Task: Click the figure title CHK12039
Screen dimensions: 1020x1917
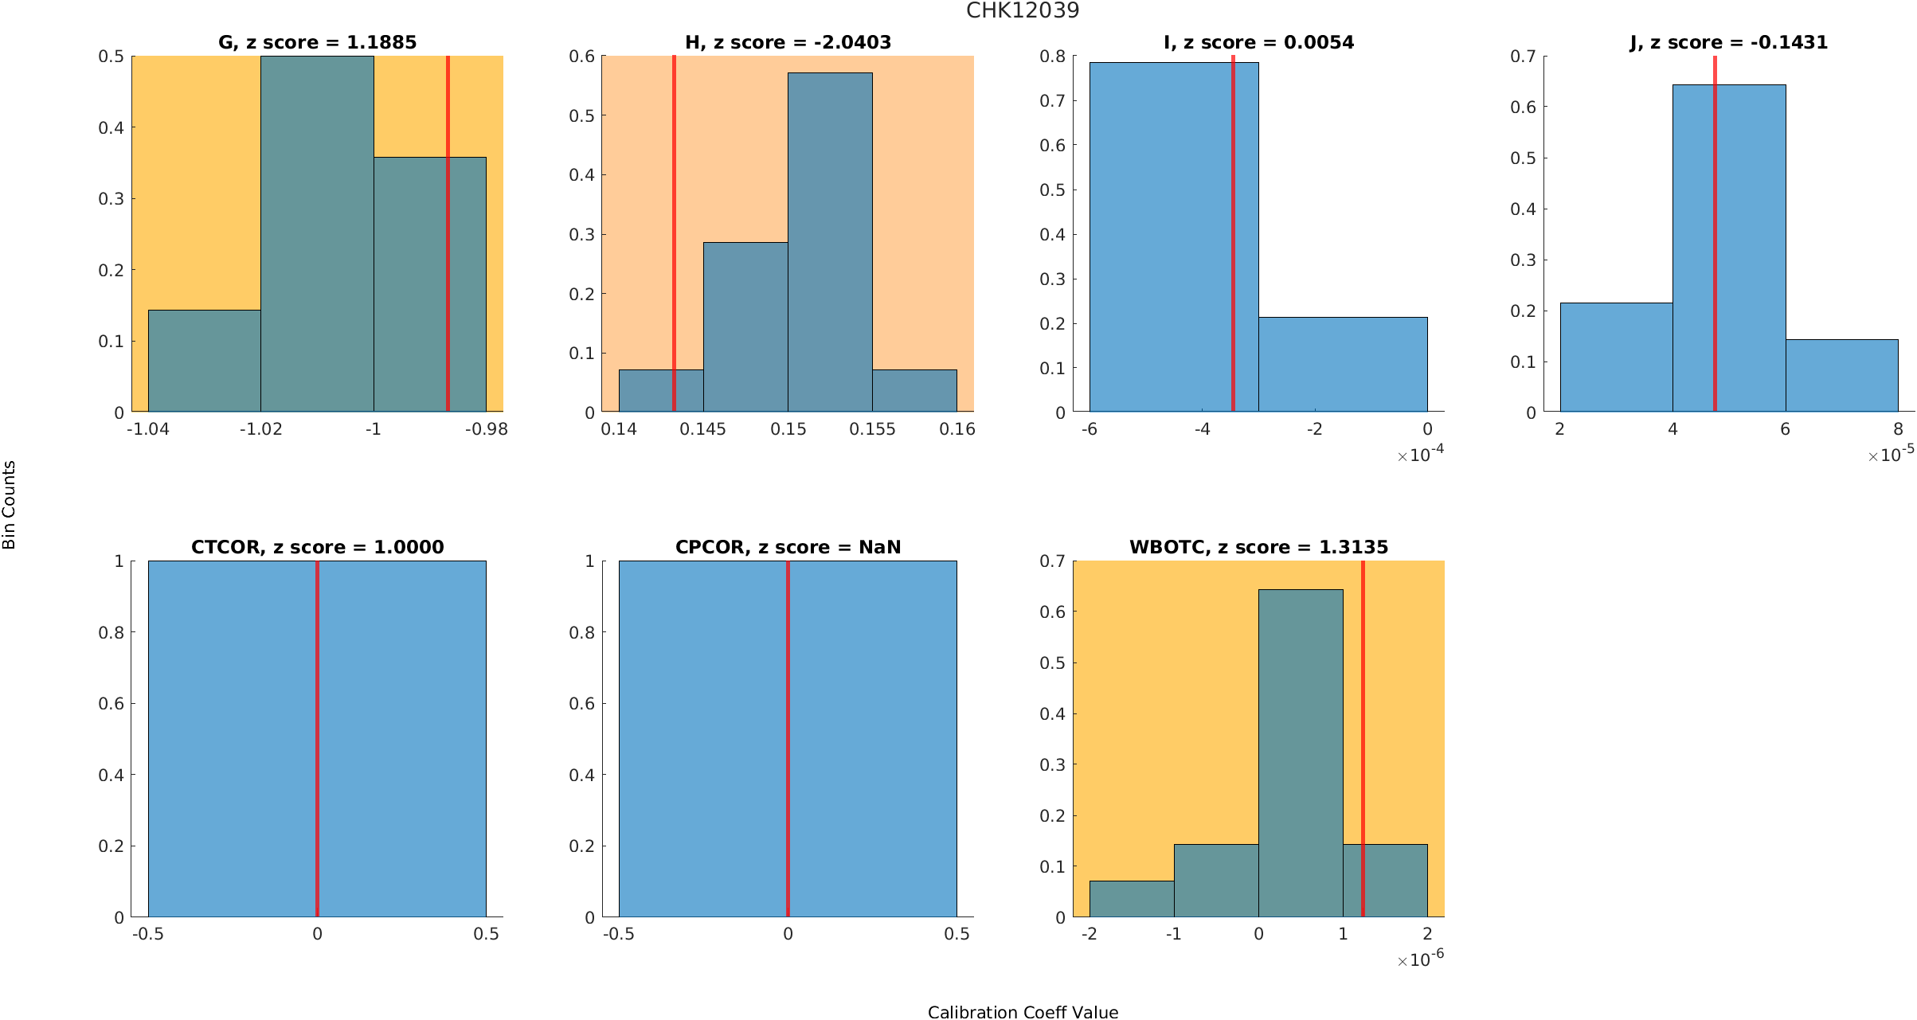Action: pyautogui.click(x=1023, y=11)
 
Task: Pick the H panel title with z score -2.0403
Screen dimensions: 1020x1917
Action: pyautogui.click(x=788, y=42)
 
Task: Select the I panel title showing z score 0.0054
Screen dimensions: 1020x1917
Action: pyautogui.click(x=1258, y=42)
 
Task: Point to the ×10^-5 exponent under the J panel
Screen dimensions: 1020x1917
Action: pyautogui.click(x=1891, y=455)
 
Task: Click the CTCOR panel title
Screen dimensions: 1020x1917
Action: pyautogui.click(x=317, y=547)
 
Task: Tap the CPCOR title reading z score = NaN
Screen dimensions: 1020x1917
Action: pyautogui.click(x=788, y=547)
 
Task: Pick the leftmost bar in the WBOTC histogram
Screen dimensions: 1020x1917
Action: pyautogui.click(x=1132, y=899)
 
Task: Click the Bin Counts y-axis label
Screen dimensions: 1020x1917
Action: pyautogui.click(x=10, y=505)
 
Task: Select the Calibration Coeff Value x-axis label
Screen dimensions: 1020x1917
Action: pyautogui.click(x=1023, y=1012)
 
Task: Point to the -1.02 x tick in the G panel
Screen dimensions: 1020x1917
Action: pyautogui.click(x=260, y=429)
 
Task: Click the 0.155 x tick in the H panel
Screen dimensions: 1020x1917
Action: pyautogui.click(x=872, y=429)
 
